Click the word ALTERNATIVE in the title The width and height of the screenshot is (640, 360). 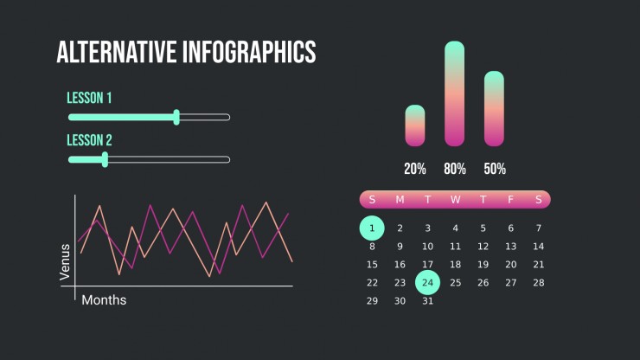[x=117, y=52]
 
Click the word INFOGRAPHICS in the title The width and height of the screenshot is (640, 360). [x=249, y=52]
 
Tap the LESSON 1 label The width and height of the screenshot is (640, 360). [x=89, y=98]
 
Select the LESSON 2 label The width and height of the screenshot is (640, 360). [x=89, y=140]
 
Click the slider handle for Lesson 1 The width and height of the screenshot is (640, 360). [x=176, y=118]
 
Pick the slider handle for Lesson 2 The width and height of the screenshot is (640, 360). [x=105, y=159]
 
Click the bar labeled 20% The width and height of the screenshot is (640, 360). [x=415, y=125]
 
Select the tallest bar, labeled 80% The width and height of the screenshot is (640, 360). [x=455, y=93]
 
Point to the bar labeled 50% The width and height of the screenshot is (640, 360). [x=495, y=109]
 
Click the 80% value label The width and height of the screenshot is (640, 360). [x=455, y=169]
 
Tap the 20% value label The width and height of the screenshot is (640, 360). [x=415, y=169]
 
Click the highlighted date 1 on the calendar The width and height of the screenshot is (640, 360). [x=372, y=228]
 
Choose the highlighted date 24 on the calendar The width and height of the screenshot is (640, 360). [x=428, y=282]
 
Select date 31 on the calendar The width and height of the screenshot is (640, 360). [x=428, y=301]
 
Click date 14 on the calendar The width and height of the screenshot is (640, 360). [x=538, y=247]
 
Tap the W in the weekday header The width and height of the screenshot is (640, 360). [x=456, y=199]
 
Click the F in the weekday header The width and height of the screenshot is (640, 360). [x=510, y=199]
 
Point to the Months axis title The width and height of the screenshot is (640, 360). [x=104, y=300]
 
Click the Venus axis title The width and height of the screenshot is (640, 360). [x=65, y=262]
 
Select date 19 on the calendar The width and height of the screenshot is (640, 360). [x=483, y=265]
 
